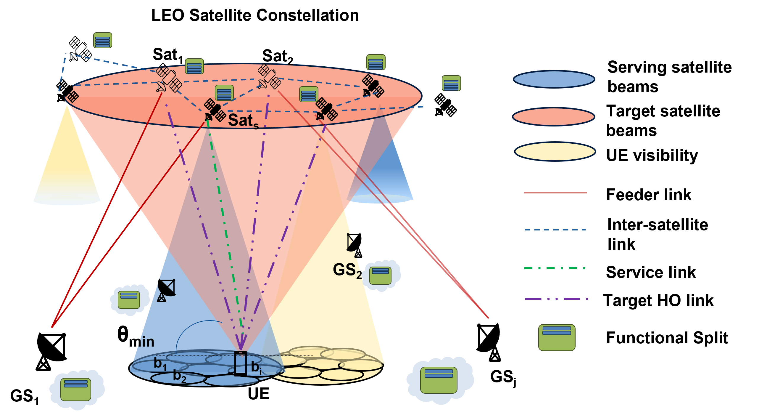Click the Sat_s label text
point(243,121)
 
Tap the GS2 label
point(347,270)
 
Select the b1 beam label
point(160,364)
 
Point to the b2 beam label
point(180,376)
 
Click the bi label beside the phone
point(256,368)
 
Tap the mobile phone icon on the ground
point(240,363)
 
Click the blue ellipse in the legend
point(554,79)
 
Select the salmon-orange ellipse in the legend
point(554,117)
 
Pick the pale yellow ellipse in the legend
point(555,151)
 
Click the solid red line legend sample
point(555,193)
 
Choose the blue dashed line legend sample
point(555,230)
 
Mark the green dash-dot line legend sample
point(555,268)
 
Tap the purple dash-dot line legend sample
point(556,299)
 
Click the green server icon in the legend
point(557,337)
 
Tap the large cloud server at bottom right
point(439,380)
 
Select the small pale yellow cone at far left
point(67,167)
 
